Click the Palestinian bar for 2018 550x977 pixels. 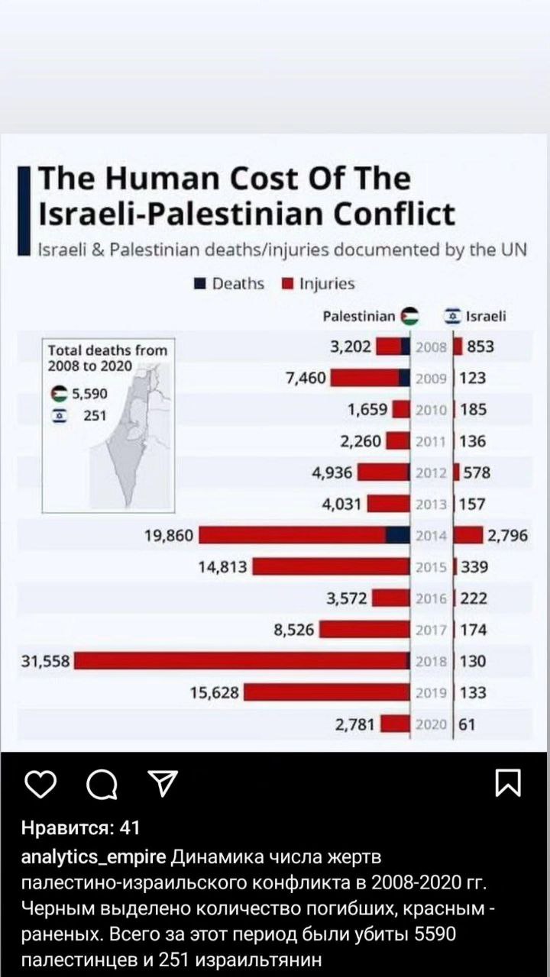(x=241, y=661)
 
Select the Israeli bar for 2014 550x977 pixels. (x=468, y=535)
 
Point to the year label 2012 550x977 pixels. (x=432, y=472)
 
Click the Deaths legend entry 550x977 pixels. (x=229, y=284)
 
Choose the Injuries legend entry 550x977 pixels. (x=319, y=284)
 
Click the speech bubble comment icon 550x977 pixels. (x=102, y=784)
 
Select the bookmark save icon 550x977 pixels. (x=508, y=783)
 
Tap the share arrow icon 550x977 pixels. (x=161, y=783)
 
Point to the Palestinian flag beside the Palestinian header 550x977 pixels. (x=410, y=316)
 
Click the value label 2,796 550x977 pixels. (x=508, y=535)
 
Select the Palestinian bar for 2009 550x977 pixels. (x=370, y=378)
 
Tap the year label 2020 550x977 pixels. (x=432, y=724)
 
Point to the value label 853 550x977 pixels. (x=480, y=347)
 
